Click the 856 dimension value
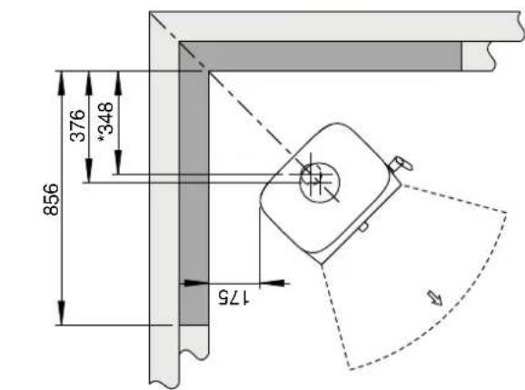point(51,199)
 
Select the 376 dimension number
point(78,125)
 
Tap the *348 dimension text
point(106,121)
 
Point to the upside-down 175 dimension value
point(233,297)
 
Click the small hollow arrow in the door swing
point(435,298)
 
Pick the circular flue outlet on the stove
point(320,183)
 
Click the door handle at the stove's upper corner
point(401,165)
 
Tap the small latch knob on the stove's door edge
point(363,227)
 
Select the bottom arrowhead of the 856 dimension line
point(61,313)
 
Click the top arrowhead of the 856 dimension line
point(61,83)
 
